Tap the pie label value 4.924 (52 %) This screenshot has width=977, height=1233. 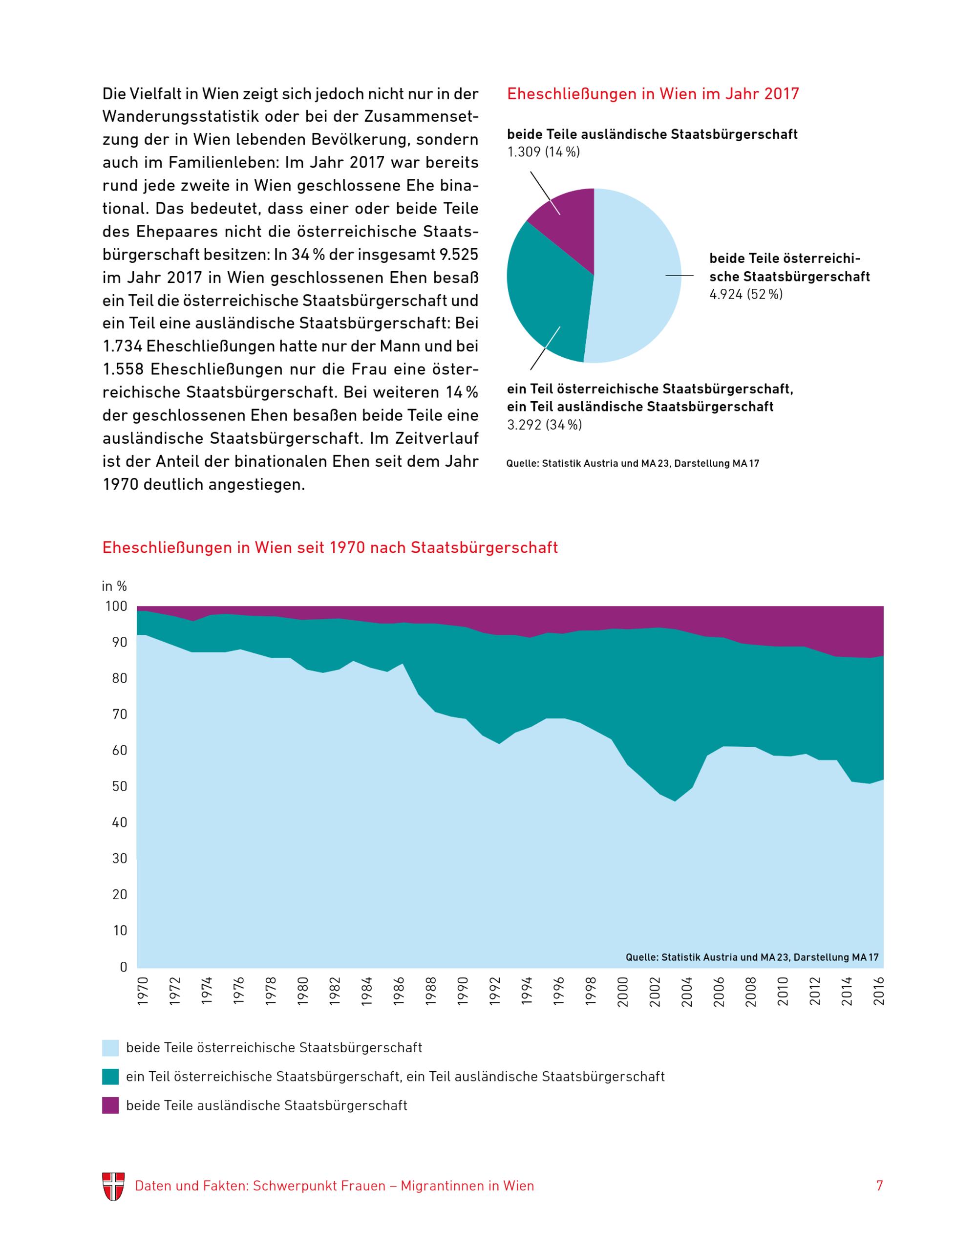point(745,295)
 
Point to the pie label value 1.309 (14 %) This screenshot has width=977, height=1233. point(543,152)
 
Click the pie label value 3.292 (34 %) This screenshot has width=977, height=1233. point(544,425)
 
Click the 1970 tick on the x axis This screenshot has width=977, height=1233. point(143,991)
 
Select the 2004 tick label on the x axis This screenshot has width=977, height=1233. point(687,991)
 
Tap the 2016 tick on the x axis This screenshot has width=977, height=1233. point(879,991)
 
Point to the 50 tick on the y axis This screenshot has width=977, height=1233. point(120,786)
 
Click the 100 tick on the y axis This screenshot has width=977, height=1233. point(116,606)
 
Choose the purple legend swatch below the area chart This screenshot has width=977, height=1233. point(110,1105)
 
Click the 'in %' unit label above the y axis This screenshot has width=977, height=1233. point(114,586)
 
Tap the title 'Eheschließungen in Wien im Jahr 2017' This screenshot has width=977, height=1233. point(653,94)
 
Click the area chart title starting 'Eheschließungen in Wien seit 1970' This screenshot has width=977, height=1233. point(330,548)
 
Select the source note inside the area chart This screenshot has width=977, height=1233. point(752,957)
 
